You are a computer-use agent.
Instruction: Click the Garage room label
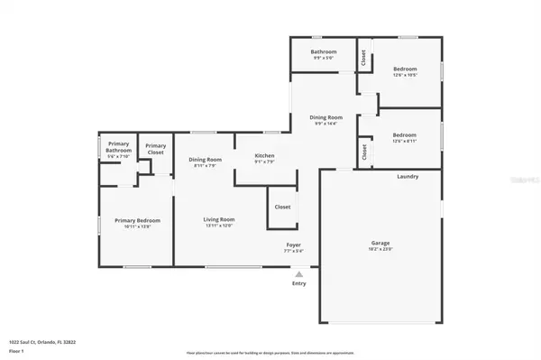(x=381, y=242)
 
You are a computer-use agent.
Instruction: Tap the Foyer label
(x=294, y=245)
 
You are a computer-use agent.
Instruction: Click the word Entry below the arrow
(x=299, y=284)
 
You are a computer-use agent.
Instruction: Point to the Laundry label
(x=408, y=176)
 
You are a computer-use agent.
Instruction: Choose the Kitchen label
(x=264, y=155)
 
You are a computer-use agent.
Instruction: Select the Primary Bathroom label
(x=119, y=147)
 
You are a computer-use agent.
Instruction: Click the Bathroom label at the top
(x=324, y=51)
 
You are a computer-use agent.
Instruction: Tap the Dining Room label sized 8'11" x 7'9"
(x=205, y=159)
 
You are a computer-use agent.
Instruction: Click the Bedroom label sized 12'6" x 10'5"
(x=404, y=69)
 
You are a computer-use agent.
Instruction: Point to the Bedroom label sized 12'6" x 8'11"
(x=404, y=134)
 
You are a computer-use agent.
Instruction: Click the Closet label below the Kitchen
(x=282, y=207)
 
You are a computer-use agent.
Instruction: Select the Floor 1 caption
(x=17, y=350)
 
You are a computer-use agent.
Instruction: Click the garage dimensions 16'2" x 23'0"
(x=381, y=248)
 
